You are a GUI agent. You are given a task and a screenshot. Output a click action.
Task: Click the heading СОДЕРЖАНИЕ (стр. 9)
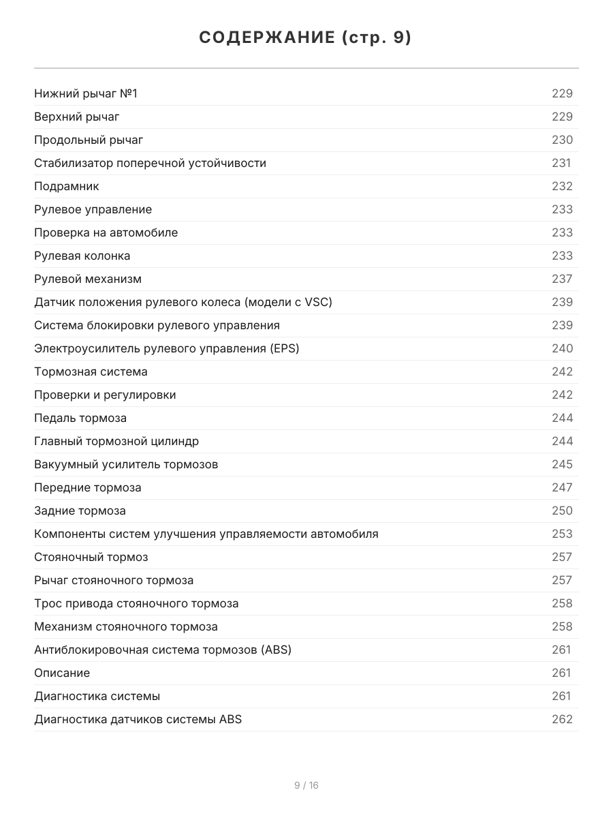coord(306,38)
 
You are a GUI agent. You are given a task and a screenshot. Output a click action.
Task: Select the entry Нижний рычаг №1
coord(86,93)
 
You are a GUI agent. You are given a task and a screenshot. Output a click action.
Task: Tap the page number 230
coord(562,140)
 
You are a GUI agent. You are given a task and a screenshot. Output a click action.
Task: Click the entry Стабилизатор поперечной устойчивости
coord(150,163)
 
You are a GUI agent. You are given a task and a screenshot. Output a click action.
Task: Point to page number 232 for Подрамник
coord(562,186)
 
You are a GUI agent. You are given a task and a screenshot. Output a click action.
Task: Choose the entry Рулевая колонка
coord(82,256)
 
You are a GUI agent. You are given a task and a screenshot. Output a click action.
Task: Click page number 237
coord(562,279)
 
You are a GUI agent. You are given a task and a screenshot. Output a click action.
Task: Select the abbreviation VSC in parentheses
coord(315,302)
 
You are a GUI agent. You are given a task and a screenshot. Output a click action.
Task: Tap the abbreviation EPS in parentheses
coord(283,348)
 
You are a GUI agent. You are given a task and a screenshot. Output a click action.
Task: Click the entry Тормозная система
coord(91,372)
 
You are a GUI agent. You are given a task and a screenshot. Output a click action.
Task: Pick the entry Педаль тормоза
coord(80,418)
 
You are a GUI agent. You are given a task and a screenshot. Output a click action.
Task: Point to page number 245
coord(562,464)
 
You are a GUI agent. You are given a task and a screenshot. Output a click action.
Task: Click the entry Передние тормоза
coord(88,487)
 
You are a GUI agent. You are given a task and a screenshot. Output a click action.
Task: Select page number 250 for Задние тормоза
coord(562,511)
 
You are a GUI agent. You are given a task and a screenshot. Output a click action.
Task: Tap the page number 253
coord(562,534)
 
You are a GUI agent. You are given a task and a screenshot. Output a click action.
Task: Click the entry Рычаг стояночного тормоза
coord(114,580)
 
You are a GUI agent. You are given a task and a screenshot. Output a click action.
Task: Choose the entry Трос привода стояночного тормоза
coord(136,603)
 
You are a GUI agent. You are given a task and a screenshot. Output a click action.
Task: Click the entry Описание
coord(62,673)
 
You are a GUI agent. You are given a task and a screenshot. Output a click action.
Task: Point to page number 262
coord(562,719)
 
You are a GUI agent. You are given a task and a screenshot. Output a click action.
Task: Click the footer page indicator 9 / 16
coord(306,785)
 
